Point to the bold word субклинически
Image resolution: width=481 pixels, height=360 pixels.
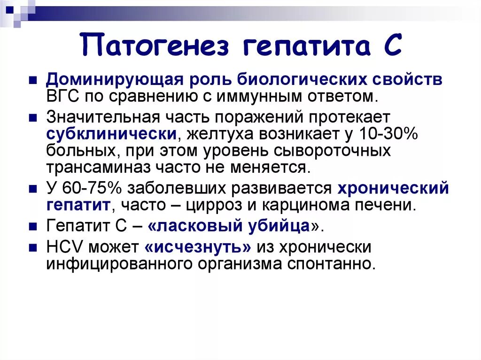[111, 133]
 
